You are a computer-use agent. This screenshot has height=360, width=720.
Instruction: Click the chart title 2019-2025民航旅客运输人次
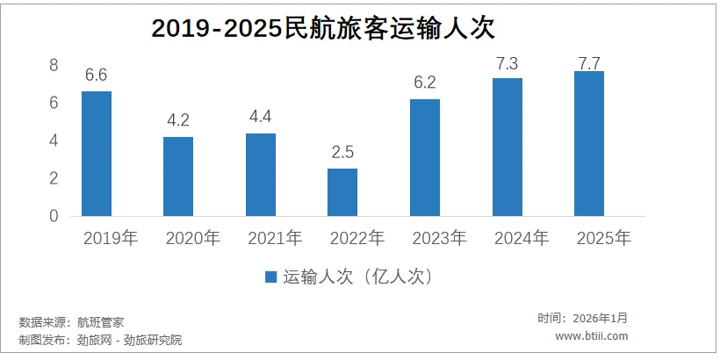click(x=324, y=28)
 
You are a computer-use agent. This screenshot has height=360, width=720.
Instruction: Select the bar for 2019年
click(x=97, y=154)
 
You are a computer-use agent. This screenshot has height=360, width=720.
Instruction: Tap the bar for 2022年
click(x=342, y=192)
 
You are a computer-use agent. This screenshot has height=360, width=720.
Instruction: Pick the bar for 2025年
click(x=589, y=143)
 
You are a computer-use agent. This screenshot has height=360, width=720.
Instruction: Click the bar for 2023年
click(x=425, y=157)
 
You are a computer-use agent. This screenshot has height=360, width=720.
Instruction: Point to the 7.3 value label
click(x=508, y=62)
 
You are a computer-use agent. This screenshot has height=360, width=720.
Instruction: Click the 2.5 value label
click(x=342, y=153)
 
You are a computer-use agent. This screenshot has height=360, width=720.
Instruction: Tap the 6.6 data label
click(x=97, y=76)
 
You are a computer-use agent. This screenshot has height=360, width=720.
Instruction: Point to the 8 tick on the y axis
click(x=54, y=66)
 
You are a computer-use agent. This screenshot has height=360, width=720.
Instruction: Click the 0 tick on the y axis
click(x=54, y=216)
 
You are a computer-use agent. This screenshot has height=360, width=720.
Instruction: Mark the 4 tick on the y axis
click(x=54, y=141)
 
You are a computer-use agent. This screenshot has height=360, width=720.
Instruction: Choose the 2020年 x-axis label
click(x=193, y=238)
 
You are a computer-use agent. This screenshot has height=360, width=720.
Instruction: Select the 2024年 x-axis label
click(x=522, y=238)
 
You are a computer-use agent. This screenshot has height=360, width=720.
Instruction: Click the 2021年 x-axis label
click(x=275, y=238)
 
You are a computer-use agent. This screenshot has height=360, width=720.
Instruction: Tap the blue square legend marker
click(x=271, y=277)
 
